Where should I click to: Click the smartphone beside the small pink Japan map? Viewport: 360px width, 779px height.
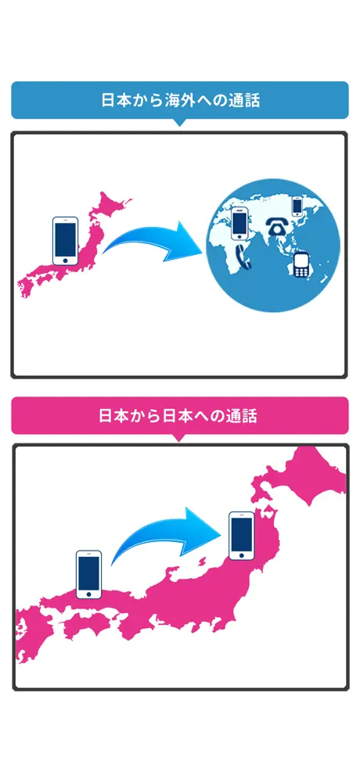(65, 240)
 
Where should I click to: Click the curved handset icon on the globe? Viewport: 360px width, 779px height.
(244, 257)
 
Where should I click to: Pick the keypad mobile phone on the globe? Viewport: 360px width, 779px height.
(301, 266)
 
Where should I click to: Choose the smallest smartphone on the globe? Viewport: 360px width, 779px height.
(297, 206)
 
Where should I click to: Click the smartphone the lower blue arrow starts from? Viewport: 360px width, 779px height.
(88, 574)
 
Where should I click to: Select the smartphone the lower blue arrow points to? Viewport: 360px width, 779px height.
(242, 535)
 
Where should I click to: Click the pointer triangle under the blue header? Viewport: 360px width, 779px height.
(180, 122)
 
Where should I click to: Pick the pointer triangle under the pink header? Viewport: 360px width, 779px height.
(180, 438)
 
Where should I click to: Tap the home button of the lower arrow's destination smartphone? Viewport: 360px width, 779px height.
(242, 555)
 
